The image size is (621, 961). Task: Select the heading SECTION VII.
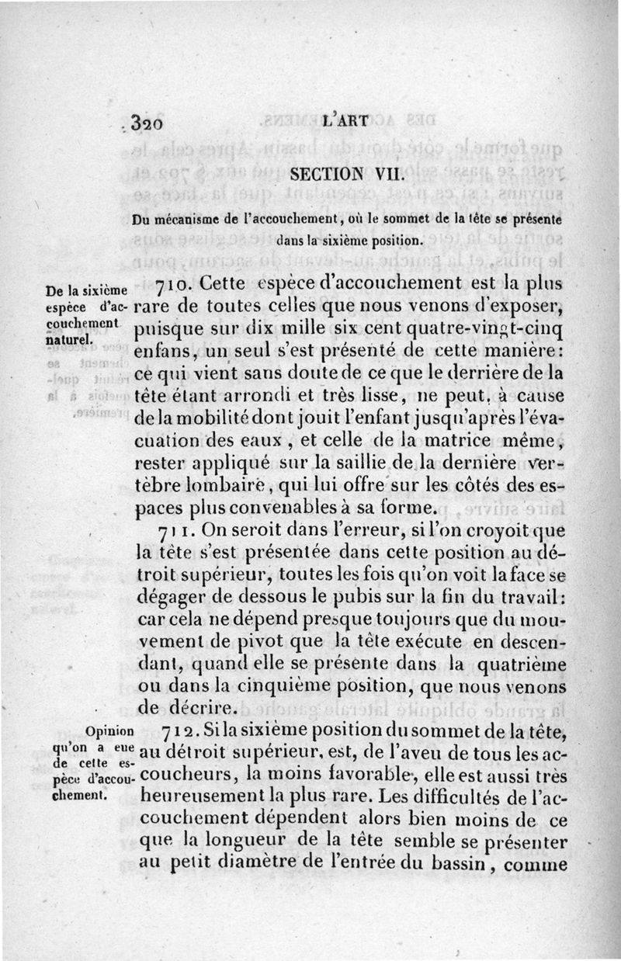345,176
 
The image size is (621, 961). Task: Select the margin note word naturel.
68,339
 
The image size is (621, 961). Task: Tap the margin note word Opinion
107,732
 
